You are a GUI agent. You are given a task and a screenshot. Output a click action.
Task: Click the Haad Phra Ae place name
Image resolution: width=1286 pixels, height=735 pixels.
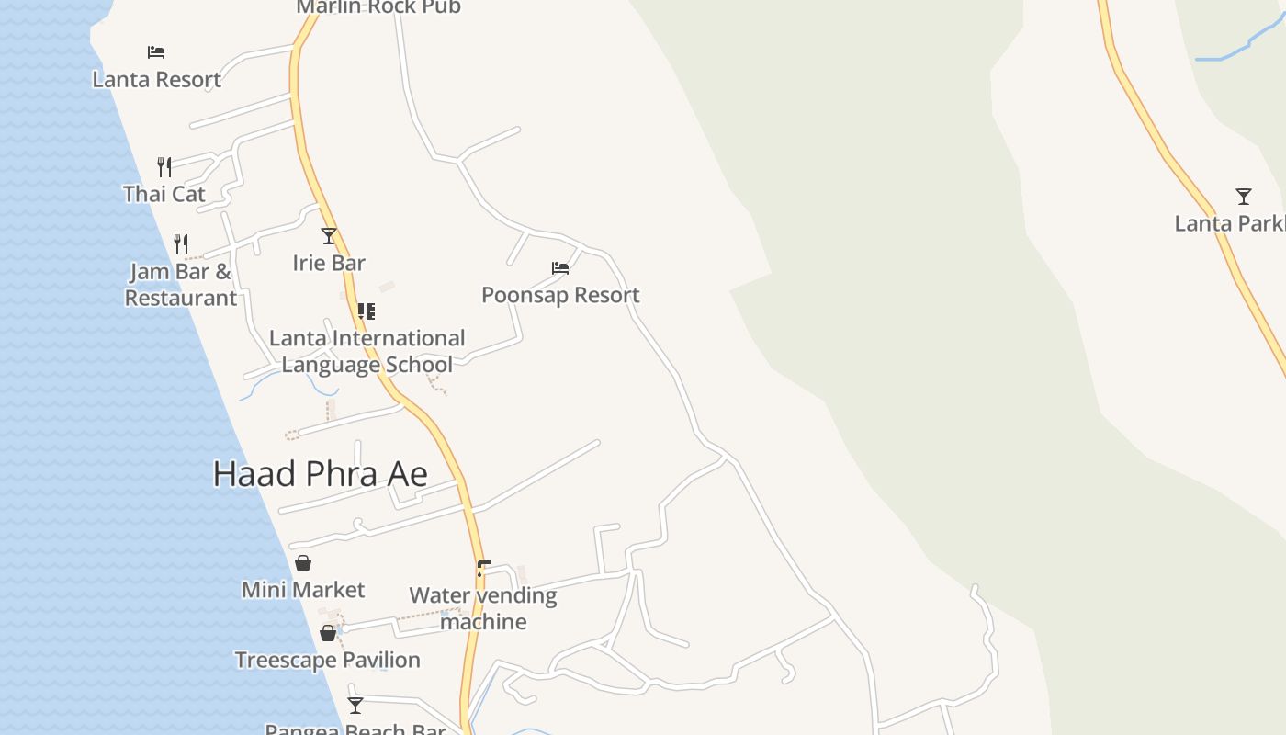(320, 474)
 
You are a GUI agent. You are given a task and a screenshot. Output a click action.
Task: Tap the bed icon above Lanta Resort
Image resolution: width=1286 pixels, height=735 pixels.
(156, 52)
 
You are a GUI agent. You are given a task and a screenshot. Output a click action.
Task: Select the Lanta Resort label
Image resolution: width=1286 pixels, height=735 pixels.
(156, 79)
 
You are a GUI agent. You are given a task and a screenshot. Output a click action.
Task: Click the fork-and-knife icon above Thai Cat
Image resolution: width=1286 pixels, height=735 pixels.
(164, 166)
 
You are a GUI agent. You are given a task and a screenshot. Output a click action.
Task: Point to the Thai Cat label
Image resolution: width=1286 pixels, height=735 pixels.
(164, 194)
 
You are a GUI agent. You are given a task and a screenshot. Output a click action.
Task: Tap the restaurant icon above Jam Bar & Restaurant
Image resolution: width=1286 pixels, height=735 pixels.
(181, 243)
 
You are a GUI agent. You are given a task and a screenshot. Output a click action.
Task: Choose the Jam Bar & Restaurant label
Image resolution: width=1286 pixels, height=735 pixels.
(181, 285)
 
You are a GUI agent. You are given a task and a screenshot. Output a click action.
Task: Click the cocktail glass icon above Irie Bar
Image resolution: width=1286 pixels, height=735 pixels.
(329, 236)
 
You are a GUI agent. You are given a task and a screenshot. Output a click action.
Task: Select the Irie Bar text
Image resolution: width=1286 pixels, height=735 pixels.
(329, 263)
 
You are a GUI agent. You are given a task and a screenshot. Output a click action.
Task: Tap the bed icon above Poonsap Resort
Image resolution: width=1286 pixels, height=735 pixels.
(560, 268)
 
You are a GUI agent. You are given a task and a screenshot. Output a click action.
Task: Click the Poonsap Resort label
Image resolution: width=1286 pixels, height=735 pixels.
(560, 295)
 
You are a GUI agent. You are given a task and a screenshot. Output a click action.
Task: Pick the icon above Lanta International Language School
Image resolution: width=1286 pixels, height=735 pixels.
(366, 311)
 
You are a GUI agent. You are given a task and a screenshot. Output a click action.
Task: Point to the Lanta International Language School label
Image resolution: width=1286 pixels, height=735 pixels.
(367, 351)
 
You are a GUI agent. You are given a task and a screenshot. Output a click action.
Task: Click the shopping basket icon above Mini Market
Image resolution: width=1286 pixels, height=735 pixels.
(303, 563)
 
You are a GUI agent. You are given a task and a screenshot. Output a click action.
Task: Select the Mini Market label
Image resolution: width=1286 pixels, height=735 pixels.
(303, 590)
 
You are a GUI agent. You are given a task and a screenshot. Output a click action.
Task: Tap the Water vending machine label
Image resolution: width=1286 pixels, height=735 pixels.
(483, 608)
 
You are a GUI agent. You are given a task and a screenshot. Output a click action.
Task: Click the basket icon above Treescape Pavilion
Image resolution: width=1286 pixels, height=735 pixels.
(328, 633)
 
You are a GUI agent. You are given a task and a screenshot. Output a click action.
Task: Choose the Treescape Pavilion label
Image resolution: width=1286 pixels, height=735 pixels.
(327, 660)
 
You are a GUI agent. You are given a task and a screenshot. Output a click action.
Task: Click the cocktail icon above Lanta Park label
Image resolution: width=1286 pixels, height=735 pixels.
(1244, 197)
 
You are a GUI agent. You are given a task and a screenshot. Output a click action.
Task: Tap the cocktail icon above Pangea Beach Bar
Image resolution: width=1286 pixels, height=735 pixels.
(355, 706)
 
